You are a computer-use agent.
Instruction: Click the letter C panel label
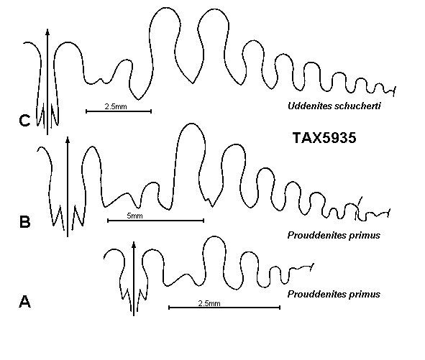point(24,121)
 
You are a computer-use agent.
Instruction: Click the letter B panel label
point(25,221)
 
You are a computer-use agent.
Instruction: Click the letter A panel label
point(24,302)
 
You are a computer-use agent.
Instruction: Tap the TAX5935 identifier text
point(324,138)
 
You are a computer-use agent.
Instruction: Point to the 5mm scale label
point(134,216)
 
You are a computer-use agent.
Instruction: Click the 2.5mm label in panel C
point(116,106)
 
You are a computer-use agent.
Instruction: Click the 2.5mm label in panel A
point(209,303)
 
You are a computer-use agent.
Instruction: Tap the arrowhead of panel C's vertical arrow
point(47,32)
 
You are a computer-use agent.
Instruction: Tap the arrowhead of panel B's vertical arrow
point(68,139)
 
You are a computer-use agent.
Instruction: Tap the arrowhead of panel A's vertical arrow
point(134,244)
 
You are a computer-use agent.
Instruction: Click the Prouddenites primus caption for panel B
point(334,235)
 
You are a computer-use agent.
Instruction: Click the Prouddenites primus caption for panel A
point(334,294)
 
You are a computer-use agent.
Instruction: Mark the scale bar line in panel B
point(155,221)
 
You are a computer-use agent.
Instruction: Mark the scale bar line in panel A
point(224,308)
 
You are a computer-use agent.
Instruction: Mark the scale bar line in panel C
point(119,111)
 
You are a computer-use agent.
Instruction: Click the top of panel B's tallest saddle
point(191,124)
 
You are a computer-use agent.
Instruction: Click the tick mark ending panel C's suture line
point(395,91)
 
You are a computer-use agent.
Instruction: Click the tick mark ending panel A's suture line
point(312,267)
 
